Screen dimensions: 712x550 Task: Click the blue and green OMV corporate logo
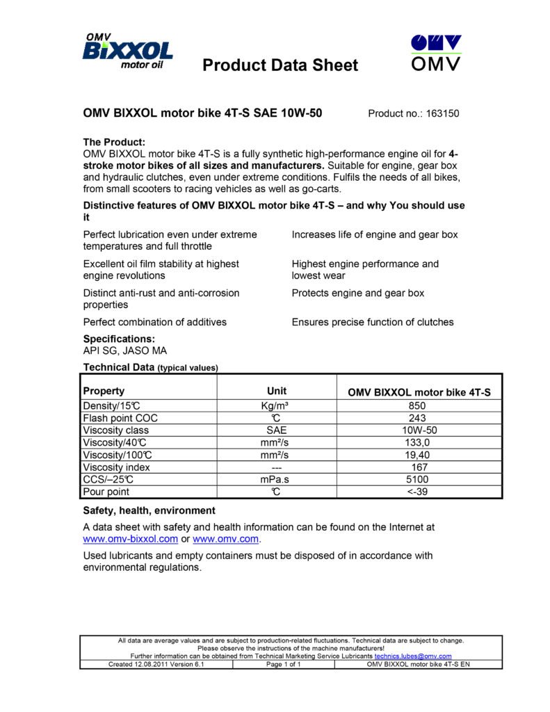pyautogui.click(x=436, y=53)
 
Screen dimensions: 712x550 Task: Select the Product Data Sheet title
pyautogui.click(x=280, y=65)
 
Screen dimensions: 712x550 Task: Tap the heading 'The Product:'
pyautogui.click(x=114, y=142)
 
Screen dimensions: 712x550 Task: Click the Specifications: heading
pyautogui.click(x=119, y=339)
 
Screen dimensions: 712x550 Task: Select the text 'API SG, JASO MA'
pyautogui.click(x=125, y=351)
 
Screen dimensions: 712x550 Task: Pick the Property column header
pyautogui.click(x=104, y=391)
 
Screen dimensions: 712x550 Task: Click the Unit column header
pyautogui.click(x=277, y=391)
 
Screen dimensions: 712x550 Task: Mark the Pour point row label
pyautogui.click(x=106, y=492)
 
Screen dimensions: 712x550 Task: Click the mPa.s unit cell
pyautogui.click(x=277, y=480)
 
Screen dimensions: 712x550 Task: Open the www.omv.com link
pyautogui.click(x=226, y=539)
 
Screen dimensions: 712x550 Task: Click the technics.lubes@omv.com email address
pyautogui.click(x=413, y=656)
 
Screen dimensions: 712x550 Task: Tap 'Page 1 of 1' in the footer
pyautogui.click(x=284, y=665)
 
